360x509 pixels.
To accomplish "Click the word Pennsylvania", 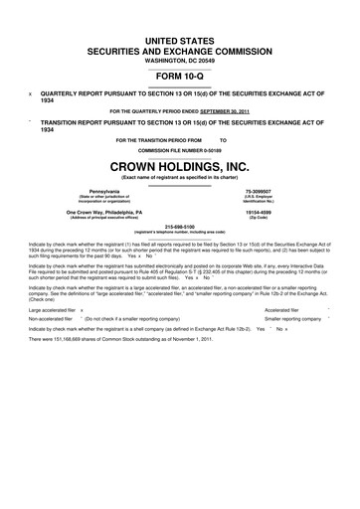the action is (x=110, y=189).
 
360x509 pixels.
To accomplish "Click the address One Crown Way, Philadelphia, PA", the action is (x=110, y=212).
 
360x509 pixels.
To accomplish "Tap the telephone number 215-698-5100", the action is (x=180, y=226).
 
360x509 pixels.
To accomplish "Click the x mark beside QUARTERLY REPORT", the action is (x=31, y=89).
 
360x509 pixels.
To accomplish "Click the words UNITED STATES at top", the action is (x=180, y=35).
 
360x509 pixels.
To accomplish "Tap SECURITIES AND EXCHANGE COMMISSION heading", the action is (x=180, y=47).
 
